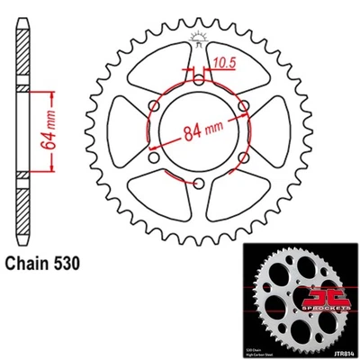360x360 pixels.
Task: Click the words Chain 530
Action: [x=46, y=265]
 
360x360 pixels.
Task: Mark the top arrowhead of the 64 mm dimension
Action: [x=54, y=93]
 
